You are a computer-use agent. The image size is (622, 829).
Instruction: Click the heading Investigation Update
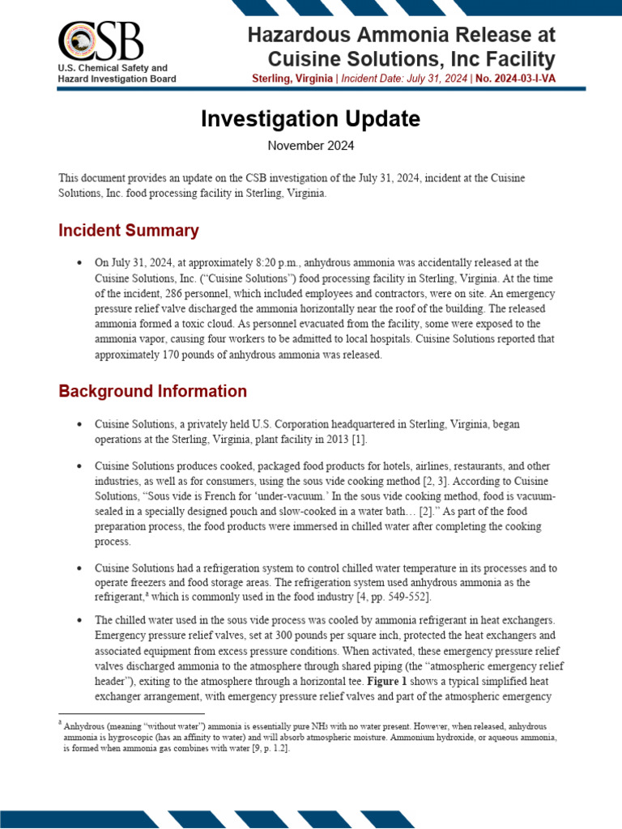tap(311, 119)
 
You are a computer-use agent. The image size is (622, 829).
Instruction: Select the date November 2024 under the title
tap(311, 147)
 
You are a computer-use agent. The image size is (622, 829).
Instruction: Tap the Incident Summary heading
tap(129, 231)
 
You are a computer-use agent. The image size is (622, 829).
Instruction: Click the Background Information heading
tap(152, 391)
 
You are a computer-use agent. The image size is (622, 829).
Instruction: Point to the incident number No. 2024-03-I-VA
tap(510, 79)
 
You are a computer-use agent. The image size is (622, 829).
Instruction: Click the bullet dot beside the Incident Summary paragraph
tap(79, 264)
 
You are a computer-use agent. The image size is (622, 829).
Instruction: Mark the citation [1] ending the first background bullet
tap(357, 439)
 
